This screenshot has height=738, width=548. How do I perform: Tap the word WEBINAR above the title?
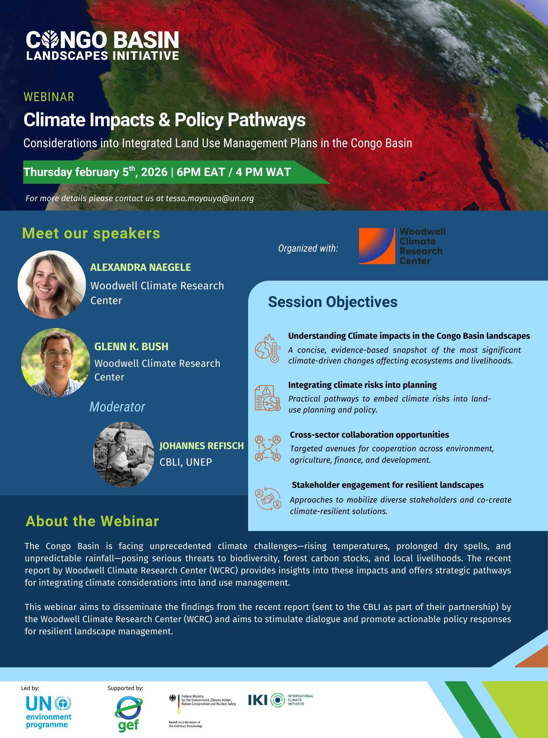pyautogui.click(x=49, y=97)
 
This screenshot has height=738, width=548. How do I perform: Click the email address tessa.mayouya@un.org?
pyautogui.click(x=209, y=199)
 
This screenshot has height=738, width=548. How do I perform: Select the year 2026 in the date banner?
pyautogui.click(x=154, y=172)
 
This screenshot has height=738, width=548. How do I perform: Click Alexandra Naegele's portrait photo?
pyautogui.click(x=52, y=284)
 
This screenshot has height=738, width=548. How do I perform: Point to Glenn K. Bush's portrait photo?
pyautogui.click(x=55, y=363)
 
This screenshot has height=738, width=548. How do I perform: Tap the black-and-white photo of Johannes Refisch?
pyautogui.click(x=124, y=455)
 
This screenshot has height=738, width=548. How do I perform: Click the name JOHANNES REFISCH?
pyautogui.click(x=201, y=446)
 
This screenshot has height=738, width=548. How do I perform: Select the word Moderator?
pyautogui.click(x=117, y=407)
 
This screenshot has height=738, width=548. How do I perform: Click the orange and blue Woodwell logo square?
pyautogui.click(x=377, y=246)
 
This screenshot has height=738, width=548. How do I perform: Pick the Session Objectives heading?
pyautogui.click(x=332, y=302)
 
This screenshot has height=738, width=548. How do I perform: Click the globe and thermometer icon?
pyautogui.click(x=267, y=348)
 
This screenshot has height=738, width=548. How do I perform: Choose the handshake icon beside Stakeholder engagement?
pyautogui.click(x=268, y=499)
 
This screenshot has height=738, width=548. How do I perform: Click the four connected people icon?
pyautogui.click(x=268, y=448)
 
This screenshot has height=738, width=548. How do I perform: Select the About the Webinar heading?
pyautogui.click(x=92, y=521)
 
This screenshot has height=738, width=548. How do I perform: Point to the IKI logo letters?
pyautogui.click(x=257, y=700)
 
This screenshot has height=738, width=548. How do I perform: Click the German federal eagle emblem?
pyautogui.click(x=172, y=698)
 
